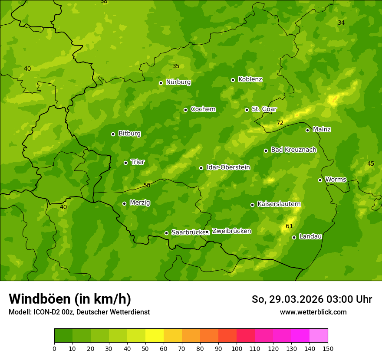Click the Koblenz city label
pyautogui.click(x=250, y=79)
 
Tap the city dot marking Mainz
pyautogui.click(x=307, y=130)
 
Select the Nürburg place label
pyautogui.click(x=178, y=82)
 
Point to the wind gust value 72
pyautogui.click(x=280, y=123)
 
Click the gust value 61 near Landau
pyautogui.click(x=290, y=226)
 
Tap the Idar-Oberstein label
pyautogui.click(x=228, y=167)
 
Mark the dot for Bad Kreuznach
pyautogui.click(x=266, y=151)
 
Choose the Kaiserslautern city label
pyautogui.click(x=279, y=204)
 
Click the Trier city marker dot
pyautogui.click(x=125, y=163)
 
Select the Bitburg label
pyautogui.click(x=129, y=134)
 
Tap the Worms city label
pyautogui.click(x=336, y=180)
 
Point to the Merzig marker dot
pyautogui.click(x=124, y=203)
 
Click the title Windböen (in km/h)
pyautogui.click(x=70, y=299)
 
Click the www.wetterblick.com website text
pyautogui.click(x=313, y=312)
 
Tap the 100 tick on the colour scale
pyautogui.click(x=237, y=348)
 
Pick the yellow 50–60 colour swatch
pyautogui.click(x=155, y=336)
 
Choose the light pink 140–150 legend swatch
pyautogui.click(x=319, y=336)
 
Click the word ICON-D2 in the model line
pyautogui.click(x=45, y=312)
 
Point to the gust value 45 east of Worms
pyautogui.click(x=370, y=164)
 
